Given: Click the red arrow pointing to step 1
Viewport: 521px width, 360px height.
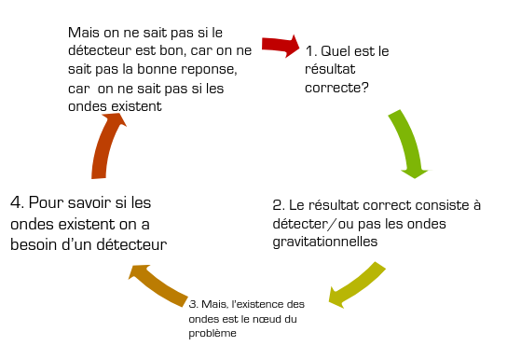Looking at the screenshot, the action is click(x=281, y=46).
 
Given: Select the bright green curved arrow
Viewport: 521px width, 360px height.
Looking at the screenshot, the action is click(x=408, y=141).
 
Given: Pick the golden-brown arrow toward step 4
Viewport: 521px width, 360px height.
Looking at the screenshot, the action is click(x=158, y=284).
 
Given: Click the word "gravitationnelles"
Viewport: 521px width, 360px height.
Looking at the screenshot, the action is click(x=325, y=242).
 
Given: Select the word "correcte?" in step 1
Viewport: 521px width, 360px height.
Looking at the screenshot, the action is click(x=336, y=88).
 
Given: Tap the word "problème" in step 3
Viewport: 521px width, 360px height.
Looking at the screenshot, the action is click(x=213, y=333).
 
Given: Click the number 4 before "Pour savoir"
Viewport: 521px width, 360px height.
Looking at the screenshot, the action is click(x=16, y=202).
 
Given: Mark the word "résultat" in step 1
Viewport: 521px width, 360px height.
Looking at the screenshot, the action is click(x=330, y=69).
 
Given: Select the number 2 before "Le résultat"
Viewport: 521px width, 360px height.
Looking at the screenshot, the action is click(x=278, y=205).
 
